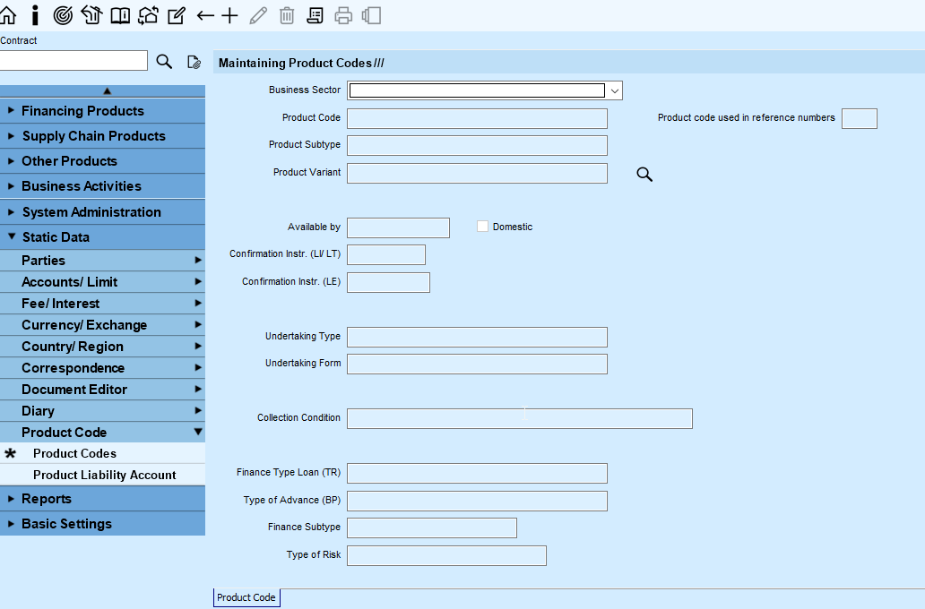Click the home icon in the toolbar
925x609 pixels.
tap(8, 15)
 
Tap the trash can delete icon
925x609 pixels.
tap(287, 15)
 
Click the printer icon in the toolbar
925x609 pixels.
tap(343, 15)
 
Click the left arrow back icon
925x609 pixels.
tap(204, 16)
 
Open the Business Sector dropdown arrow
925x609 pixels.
tap(615, 90)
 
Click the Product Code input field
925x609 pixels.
tap(477, 118)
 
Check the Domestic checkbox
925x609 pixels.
tap(482, 227)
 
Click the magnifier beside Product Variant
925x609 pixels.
tap(644, 174)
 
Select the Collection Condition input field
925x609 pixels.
tap(520, 418)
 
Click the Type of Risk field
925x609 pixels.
tap(446, 555)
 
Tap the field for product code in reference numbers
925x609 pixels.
tap(860, 118)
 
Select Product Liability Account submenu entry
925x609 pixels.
tap(103, 475)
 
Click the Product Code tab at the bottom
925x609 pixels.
tap(246, 597)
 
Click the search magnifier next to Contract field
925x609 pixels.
tap(164, 61)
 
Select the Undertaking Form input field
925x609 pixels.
tap(477, 364)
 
